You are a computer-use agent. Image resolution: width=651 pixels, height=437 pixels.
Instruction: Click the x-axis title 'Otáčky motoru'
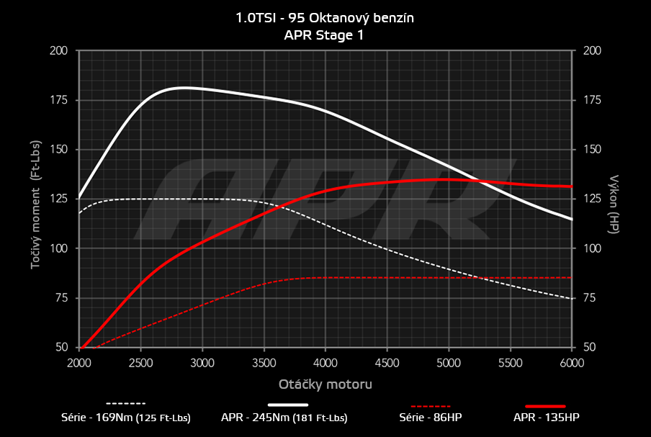click(x=325, y=384)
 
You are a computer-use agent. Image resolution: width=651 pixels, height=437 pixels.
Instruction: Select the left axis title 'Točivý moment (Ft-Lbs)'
click(x=35, y=199)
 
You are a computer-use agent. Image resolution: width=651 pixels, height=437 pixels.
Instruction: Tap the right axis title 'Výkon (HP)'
click(x=614, y=199)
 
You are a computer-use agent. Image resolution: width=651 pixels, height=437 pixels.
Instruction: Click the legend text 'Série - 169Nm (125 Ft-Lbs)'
click(x=126, y=418)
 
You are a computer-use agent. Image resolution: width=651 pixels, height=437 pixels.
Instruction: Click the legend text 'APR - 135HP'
click(x=546, y=418)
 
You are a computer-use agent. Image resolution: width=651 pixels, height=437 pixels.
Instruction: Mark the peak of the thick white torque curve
click(x=184, y=87)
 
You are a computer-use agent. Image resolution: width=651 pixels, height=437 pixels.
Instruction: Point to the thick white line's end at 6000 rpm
click(x=572, y=219)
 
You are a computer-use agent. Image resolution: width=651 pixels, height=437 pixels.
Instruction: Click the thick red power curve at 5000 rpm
click(x=449, y=179)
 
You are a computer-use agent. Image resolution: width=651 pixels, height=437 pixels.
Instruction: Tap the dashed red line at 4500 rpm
click(x=387, y=277)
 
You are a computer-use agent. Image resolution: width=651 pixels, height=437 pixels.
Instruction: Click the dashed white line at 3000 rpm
click(x=202, y=199)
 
